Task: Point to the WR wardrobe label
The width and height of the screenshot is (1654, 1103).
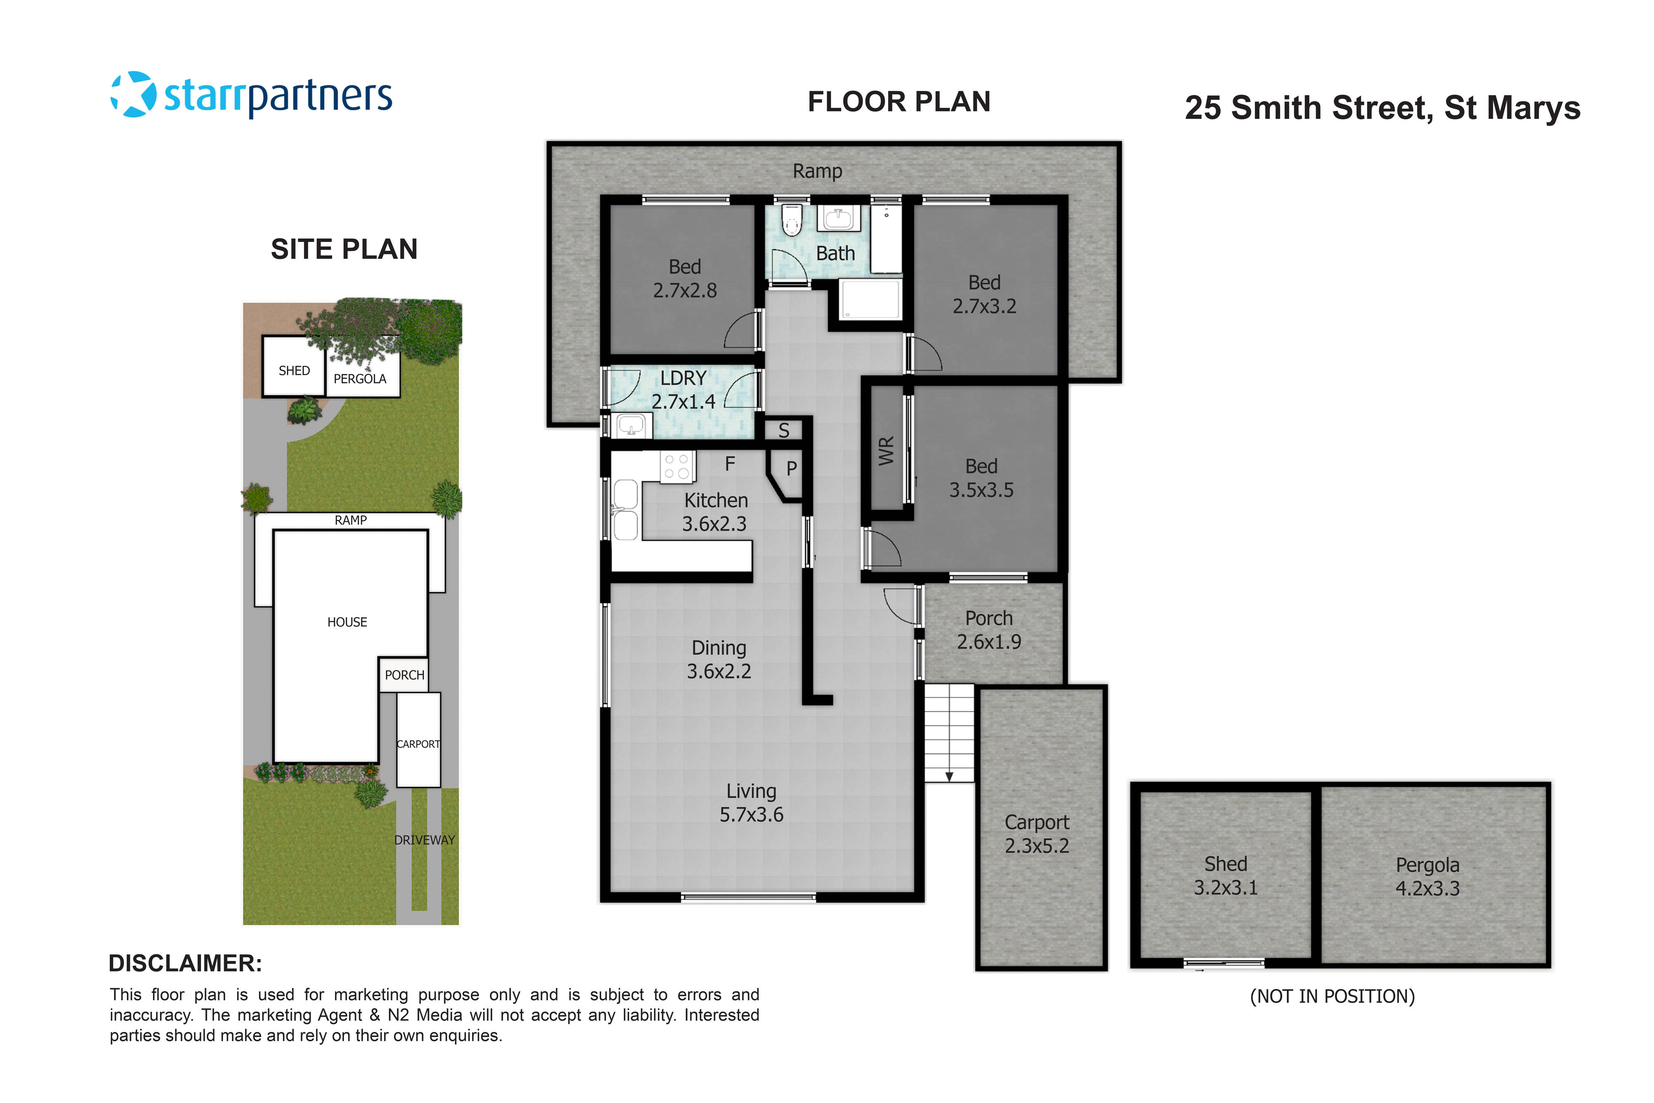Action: pos(886,450)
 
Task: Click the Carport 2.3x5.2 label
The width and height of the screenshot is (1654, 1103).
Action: pos(1037,834)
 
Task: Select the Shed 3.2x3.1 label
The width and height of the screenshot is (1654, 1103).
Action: pos(1226,875)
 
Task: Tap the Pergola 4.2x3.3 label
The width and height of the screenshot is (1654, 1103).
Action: pos(1427,876)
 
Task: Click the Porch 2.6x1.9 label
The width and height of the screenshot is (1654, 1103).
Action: pos(989,629)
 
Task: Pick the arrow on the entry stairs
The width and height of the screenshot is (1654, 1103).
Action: pos(949,776)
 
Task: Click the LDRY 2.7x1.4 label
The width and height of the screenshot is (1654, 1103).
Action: pos(683,390)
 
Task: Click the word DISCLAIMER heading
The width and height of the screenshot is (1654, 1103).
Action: pos(185,963)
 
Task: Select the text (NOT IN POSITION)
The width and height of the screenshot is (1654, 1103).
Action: pos(1332,996)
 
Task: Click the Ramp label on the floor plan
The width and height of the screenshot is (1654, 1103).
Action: pos(817,171)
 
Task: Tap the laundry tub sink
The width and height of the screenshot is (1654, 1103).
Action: pos(631,426)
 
